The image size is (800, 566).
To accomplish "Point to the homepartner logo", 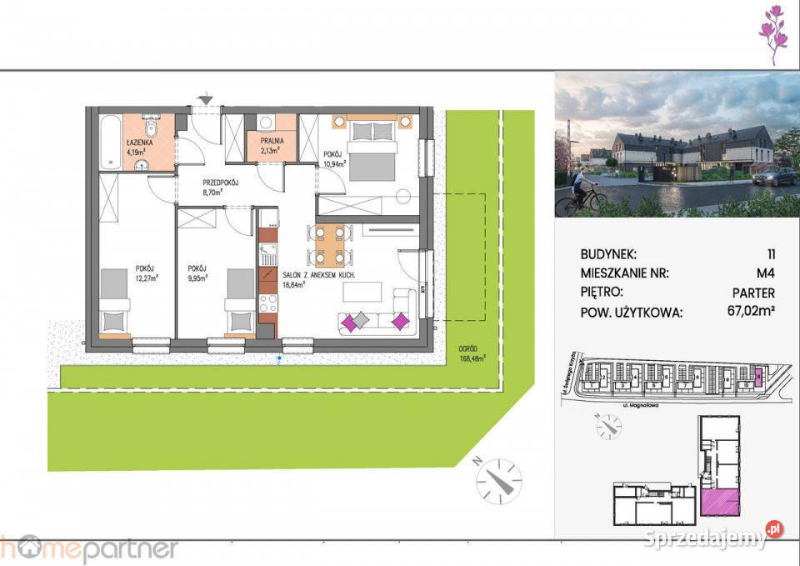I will pos(89,548).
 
